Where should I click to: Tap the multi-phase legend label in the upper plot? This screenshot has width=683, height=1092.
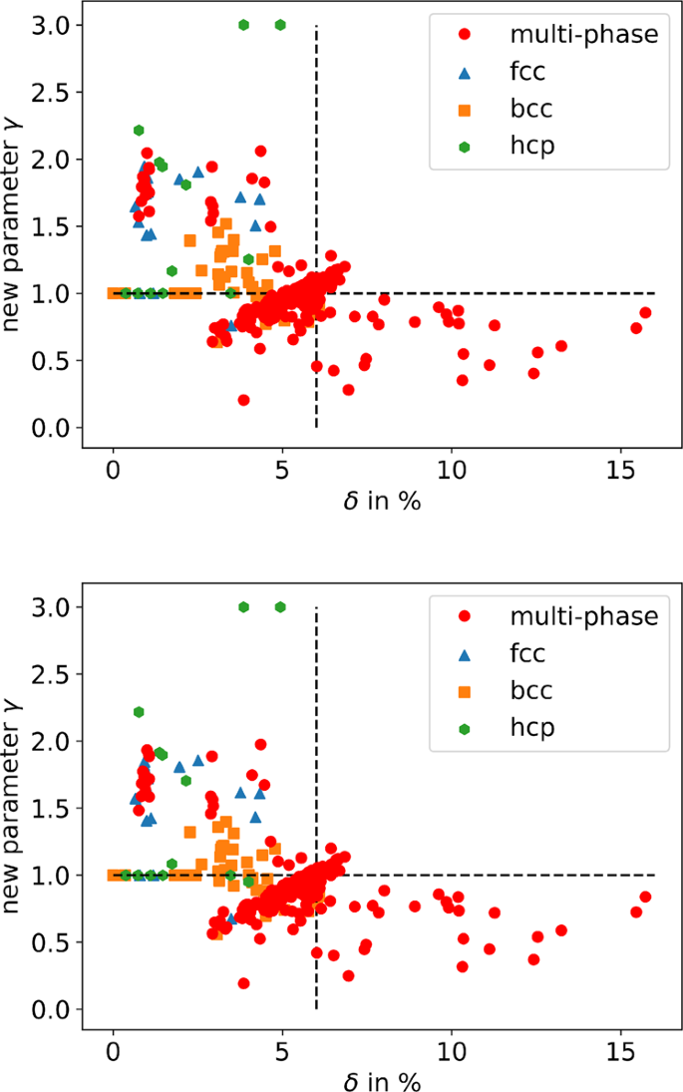pos(584,34)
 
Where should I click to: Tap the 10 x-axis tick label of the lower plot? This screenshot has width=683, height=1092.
pos(452,1052)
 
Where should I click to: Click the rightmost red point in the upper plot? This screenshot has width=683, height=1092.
pos(645,312)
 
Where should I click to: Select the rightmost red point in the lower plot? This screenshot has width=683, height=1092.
pos(645,897)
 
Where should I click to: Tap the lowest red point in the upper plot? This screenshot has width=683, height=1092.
pos(243,400)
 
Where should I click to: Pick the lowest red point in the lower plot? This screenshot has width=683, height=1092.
pos(243,983)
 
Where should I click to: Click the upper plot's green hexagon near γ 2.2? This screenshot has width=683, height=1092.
pos(139,130)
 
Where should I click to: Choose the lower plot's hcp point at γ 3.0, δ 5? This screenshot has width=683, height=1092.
pos(280,607)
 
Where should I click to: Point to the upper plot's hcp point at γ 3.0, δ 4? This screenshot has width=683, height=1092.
pos(243,25)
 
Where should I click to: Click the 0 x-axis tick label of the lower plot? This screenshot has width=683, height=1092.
pos(114,1052)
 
